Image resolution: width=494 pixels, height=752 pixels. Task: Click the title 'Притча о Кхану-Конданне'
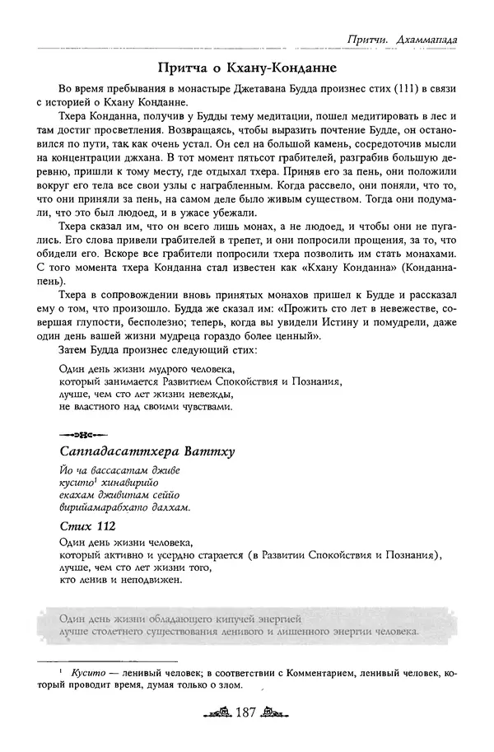tap(246, 67)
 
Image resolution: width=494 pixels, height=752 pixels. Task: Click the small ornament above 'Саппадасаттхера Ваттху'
tap(79, 434)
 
